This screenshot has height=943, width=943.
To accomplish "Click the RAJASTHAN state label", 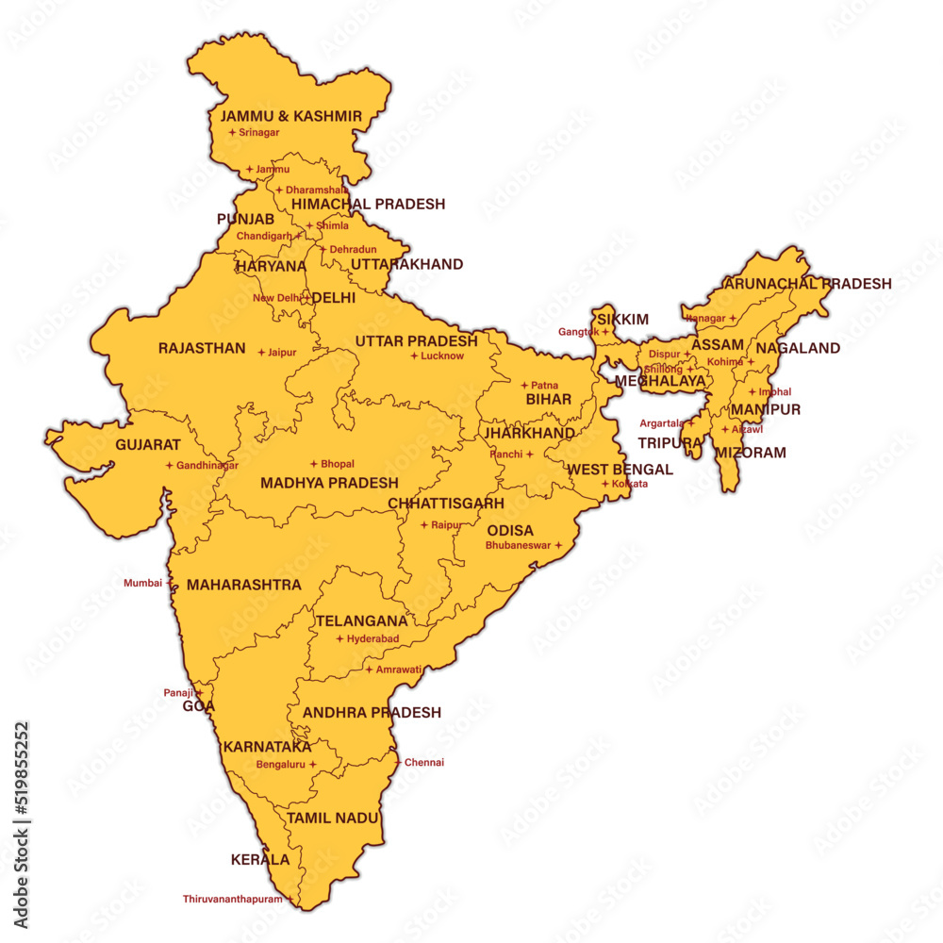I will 202,348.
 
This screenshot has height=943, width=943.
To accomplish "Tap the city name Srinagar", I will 259,133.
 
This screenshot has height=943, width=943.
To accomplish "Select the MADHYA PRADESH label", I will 329,483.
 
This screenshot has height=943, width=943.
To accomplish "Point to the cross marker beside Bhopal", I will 314,464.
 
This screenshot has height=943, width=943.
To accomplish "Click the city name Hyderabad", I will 373,639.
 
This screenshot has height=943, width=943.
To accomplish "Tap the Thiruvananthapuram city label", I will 232,900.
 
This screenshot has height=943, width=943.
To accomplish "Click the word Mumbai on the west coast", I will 142,583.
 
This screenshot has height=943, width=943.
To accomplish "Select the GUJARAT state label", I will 148,444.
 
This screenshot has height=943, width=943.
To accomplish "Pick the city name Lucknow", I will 442,356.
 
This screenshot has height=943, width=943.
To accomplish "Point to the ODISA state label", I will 510,530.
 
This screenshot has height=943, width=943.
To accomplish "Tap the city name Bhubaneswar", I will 518,545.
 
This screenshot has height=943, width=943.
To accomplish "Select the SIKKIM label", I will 623,320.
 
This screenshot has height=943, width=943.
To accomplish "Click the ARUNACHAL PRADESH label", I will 807,283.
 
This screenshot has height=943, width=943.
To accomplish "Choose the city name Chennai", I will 424,763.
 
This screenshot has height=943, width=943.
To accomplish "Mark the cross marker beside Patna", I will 524,385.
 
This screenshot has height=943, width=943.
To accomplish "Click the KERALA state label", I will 260,860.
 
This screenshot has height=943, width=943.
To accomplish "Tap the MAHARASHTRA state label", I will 244,585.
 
